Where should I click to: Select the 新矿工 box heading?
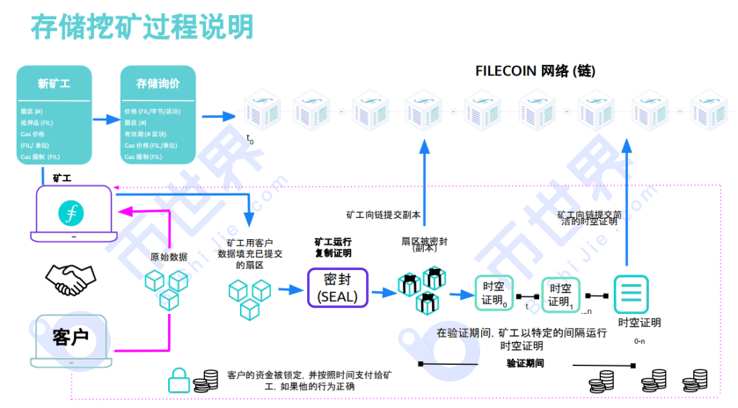54,84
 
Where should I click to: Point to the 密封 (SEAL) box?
337,288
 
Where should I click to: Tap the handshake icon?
71,279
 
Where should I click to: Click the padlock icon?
179,380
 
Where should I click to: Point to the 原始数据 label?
168,257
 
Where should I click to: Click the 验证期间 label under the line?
524,362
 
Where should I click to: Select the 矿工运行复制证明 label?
332,246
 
